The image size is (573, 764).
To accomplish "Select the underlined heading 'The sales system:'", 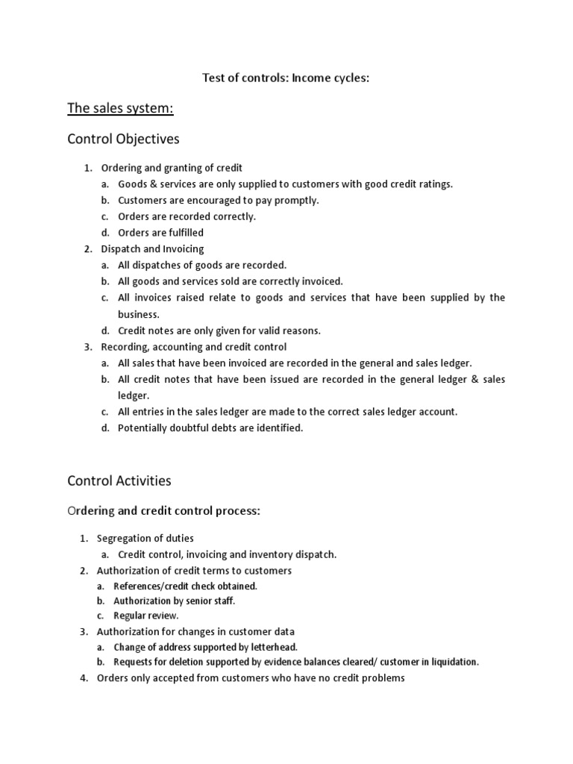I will [120, 109].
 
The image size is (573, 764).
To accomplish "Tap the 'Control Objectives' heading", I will [123, 140].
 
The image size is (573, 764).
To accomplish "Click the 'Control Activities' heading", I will [119, 481].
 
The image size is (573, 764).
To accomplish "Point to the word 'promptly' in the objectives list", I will [296, 200].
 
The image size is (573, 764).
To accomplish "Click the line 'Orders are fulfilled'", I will [160, 233].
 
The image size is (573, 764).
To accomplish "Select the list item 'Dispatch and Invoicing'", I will [152, 248].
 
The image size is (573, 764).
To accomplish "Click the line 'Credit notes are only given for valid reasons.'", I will [219, 331].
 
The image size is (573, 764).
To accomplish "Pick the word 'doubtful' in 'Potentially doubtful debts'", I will [195, 428].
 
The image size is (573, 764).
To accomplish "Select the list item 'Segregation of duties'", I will [145, 538].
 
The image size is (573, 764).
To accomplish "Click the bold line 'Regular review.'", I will [146, 616].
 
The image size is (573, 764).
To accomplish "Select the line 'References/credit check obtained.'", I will [185, 586].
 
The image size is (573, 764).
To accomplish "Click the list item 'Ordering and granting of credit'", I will [172, 168].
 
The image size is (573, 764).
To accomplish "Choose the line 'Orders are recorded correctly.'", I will [187, 216].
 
